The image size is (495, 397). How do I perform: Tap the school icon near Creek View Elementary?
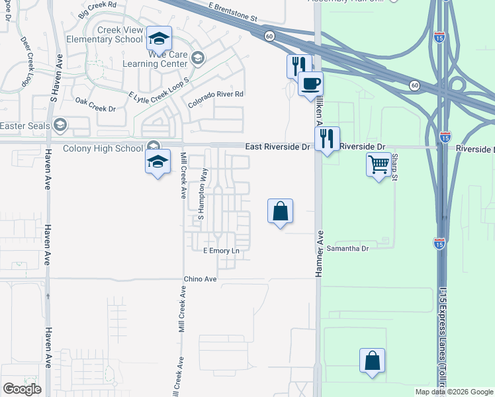159,38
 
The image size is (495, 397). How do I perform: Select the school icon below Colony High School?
157,163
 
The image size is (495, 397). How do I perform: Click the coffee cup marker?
310,83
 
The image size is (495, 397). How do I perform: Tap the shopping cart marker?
379,163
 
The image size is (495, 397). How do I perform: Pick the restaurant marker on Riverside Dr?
327,139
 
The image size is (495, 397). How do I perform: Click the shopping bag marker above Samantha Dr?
281,212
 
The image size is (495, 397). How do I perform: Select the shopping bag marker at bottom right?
373,361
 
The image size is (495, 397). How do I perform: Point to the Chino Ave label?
201,279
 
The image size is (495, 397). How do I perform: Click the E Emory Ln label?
221,251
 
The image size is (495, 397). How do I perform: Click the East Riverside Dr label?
277,147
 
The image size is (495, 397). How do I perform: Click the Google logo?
22,389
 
